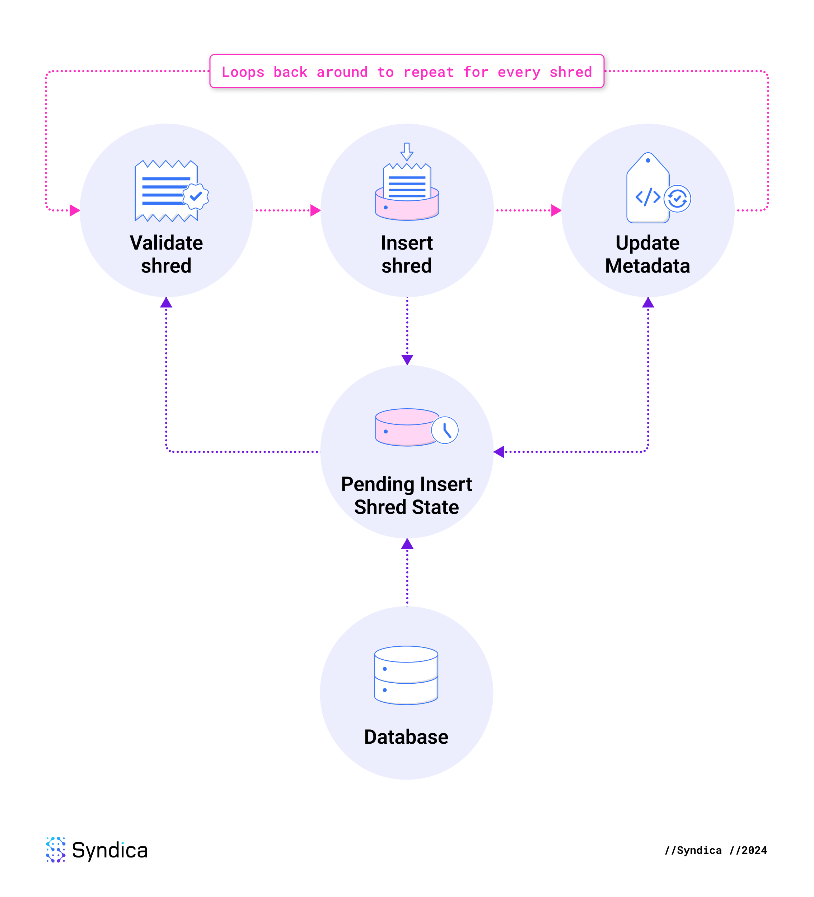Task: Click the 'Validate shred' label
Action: pos(167,254)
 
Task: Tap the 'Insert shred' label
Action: pos(407,254)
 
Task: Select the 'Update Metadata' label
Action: pos(647,254)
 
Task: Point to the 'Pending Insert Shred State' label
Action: pos(407,495)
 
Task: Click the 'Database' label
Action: pos(406,737)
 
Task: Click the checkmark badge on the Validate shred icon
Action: pos(196,196)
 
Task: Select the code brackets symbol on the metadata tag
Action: pos(647,197)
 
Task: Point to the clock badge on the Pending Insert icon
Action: pos(445,430)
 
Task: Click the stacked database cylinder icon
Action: pos(406,675)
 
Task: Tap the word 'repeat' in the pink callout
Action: pos(428,73)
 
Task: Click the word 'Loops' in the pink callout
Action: pos(243,72)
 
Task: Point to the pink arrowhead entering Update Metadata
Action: pos(556,210)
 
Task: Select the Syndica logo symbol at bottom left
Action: pos(56,849)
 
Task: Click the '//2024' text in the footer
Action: pos(748,850)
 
